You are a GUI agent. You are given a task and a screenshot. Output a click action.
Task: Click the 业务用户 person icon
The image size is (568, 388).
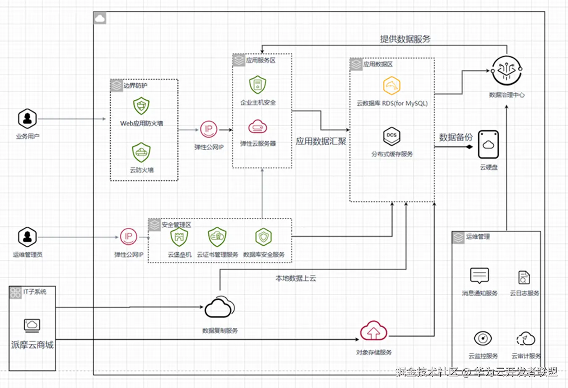(x=27, y=119)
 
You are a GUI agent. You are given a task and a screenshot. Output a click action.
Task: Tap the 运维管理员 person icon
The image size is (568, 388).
(x=27, y=237)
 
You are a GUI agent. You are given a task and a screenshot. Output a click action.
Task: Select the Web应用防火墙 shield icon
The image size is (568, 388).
(x=141, y=106)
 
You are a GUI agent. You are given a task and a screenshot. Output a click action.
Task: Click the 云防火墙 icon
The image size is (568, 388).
(x=141, y=152)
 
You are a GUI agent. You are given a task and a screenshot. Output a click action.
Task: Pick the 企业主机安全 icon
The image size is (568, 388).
(x=258, y=85)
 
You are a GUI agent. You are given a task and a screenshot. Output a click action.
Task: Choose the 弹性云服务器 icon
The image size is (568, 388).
(x=258, y=126)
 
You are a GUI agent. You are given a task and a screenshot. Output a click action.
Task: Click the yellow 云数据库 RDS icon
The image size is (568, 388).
(x=392, y=86)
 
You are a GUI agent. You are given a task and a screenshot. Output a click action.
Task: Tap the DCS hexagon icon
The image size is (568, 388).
(x=392, y=136)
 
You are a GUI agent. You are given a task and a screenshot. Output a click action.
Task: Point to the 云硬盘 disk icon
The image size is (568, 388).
(x=488, y=144)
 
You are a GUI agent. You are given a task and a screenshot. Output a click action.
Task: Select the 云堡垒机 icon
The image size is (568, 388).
(x=179, y=237)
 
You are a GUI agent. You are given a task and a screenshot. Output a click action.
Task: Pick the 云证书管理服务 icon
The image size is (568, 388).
(x=217, y=237)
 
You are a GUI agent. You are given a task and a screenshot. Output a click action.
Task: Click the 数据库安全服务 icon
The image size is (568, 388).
(x=263, y=237)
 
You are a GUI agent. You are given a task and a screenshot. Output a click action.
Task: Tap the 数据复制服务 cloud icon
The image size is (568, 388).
(x=219, y=308)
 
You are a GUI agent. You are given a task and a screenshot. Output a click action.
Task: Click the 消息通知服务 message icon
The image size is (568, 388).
(x=479, y=276)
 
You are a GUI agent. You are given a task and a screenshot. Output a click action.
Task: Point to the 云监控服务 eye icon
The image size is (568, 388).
(x=483, y=338)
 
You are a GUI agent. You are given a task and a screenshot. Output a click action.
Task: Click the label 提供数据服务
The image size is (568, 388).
(x=405, y=39)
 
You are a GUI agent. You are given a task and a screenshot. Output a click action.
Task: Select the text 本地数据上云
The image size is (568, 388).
(x=295, y=278)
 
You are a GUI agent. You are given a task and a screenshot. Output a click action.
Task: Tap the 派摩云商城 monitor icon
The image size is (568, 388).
(x=32, y=325)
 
